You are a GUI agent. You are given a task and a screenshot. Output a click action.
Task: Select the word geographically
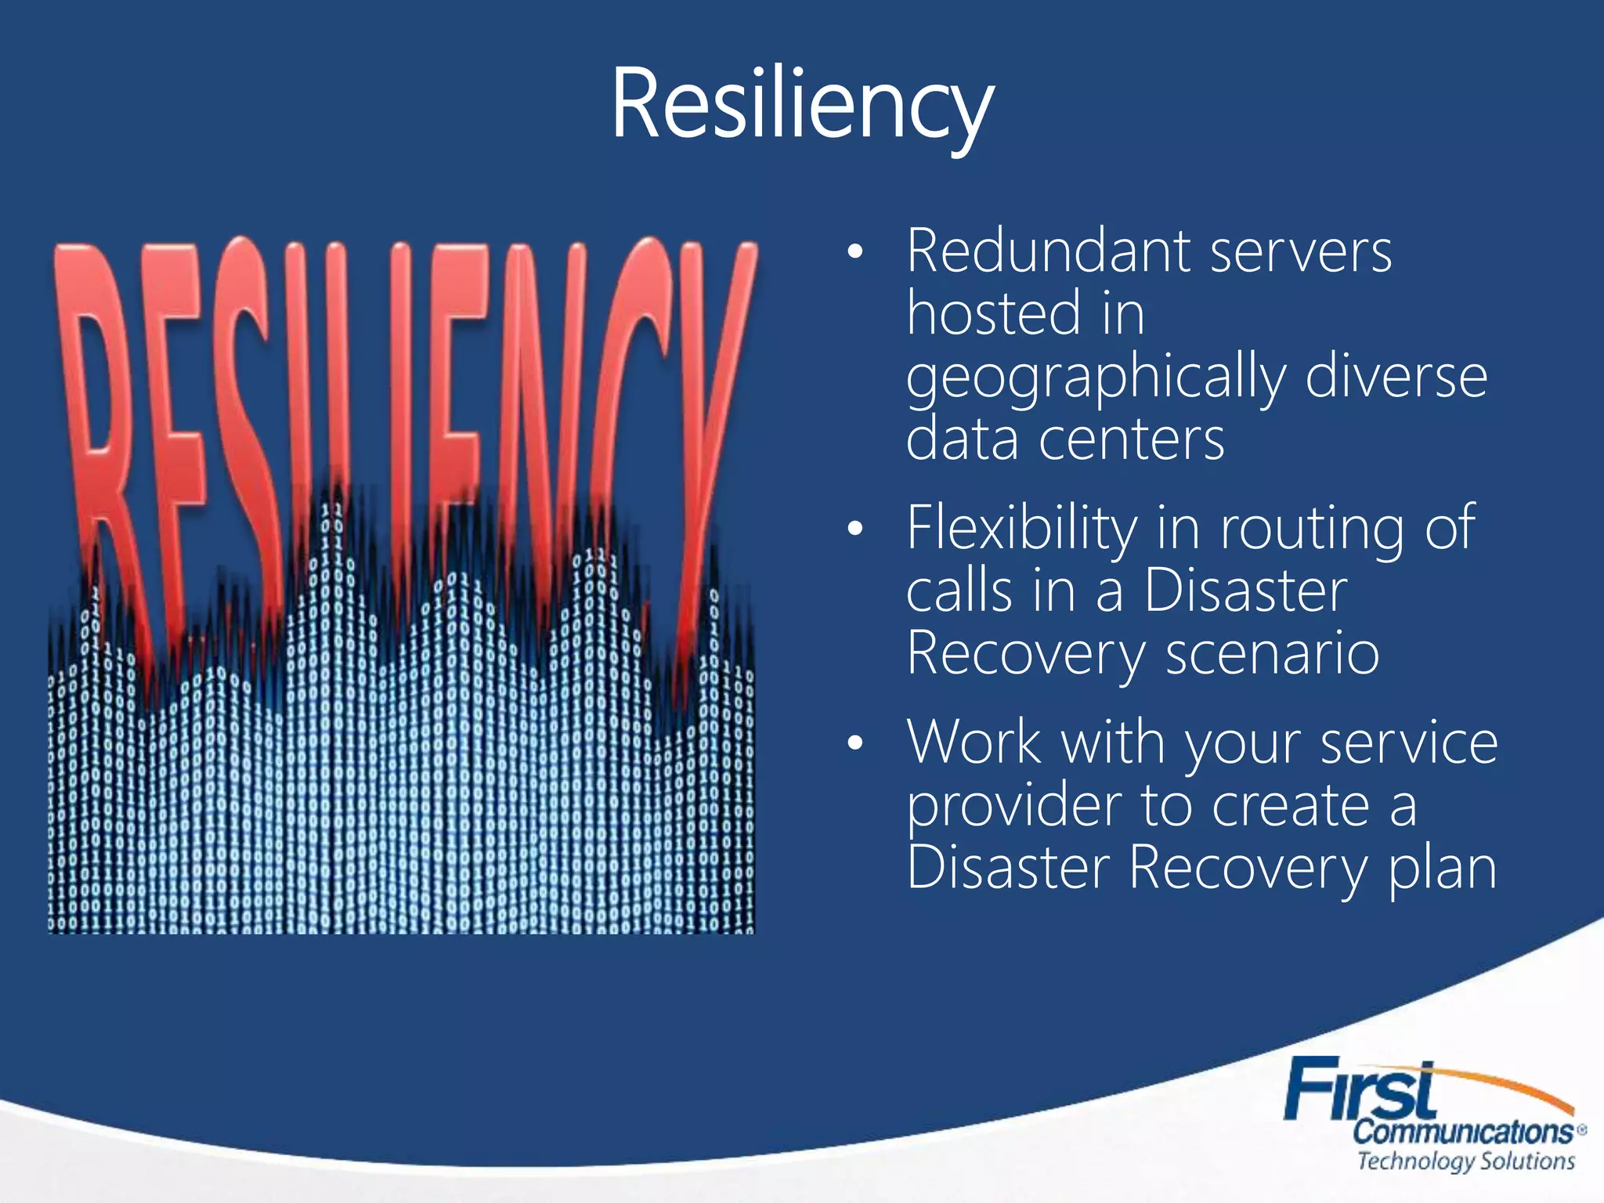1096,378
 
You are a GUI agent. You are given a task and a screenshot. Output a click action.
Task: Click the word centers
1131,439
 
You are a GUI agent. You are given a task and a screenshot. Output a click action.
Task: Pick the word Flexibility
1022,528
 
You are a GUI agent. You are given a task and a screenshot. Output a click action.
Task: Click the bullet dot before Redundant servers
855,252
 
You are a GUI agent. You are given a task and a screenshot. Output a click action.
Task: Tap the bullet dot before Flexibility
855,529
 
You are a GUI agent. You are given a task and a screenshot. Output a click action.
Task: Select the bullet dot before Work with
855,742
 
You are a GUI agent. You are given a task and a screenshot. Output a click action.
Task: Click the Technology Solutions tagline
1465,1161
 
